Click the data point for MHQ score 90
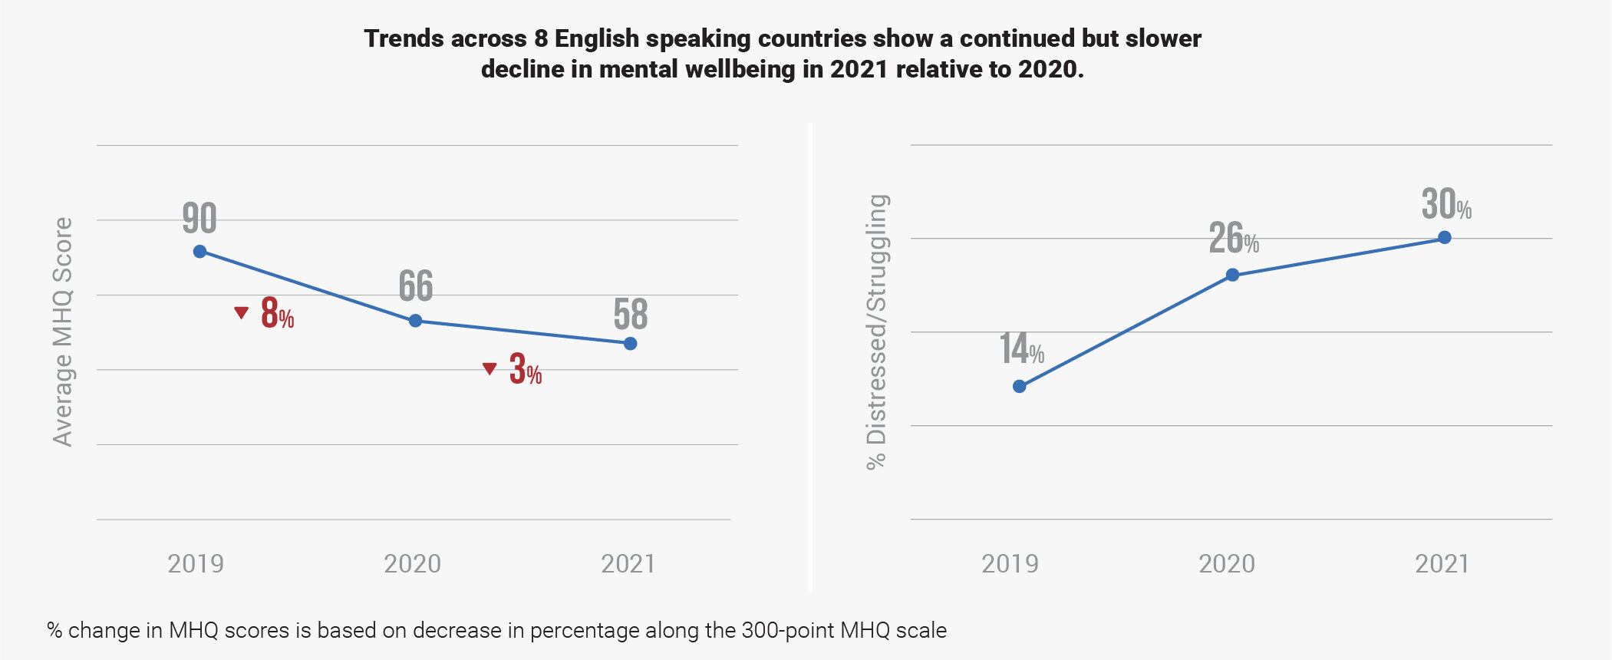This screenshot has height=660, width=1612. (x=199, y=252)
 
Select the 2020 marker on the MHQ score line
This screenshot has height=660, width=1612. (x=415, y=321)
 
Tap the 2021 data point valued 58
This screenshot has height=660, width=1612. (x=630, y=344)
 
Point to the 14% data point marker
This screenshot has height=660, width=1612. (x=1019, y=387)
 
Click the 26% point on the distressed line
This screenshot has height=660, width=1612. (x=1232, y=276)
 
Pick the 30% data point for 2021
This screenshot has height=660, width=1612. (x=1445, y=238)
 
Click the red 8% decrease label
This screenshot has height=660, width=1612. (x=277, y=314)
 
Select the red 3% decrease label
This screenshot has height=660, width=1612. (x=526, y=370)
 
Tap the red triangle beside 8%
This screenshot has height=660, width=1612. (x=242, y=312)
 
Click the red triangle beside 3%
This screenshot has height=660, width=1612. (x=490, y=369)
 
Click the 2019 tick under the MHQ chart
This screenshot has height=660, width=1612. (x=196, y=564)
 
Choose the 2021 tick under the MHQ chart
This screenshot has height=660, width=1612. (x=628, y=564)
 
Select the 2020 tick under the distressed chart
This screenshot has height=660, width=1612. (x=1227, y=564)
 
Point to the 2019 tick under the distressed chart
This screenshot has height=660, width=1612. (x=1010, y=564)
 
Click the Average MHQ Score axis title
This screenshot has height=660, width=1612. (x=63, y=332)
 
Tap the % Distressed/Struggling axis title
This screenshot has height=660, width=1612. (x=876, y=332)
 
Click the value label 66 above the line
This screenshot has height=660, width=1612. (x=416, y=286)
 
